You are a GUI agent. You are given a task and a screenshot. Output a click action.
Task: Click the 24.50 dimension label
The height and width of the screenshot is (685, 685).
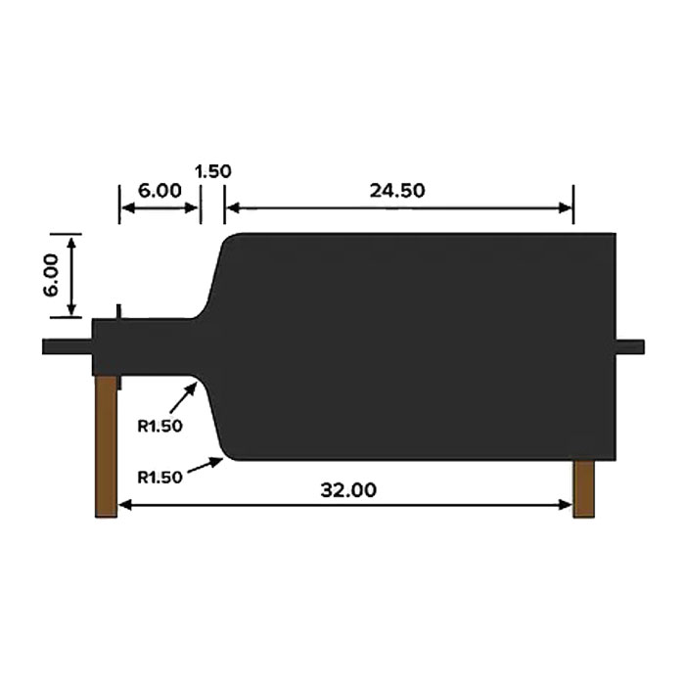point(397,191)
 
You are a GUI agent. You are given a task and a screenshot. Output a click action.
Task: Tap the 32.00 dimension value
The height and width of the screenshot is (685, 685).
point(348,490)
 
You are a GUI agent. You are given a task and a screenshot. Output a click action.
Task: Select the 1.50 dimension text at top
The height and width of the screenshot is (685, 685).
point(212,171)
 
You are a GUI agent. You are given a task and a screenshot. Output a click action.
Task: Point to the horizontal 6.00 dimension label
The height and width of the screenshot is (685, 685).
point(160,191)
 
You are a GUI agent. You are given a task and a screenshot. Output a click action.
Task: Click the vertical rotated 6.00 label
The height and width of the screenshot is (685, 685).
point(51,275)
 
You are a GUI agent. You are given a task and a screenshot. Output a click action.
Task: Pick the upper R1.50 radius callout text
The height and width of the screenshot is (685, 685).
point(160,426)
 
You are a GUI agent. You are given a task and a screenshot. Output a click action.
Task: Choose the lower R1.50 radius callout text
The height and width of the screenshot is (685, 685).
point(160,478)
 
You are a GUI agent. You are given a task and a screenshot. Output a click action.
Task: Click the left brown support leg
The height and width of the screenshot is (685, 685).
point(106,446)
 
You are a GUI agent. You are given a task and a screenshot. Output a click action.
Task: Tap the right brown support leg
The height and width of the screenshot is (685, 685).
point(583,489)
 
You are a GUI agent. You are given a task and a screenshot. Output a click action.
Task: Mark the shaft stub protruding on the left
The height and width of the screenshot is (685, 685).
point(68,346)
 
